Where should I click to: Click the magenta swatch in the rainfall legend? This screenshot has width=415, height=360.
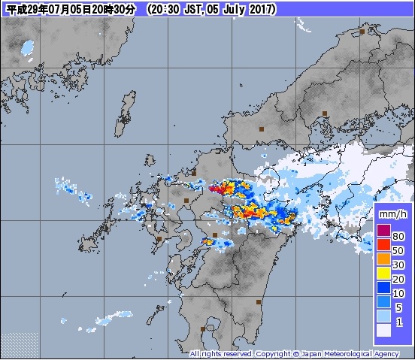pos(383,231)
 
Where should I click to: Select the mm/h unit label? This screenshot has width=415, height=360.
pos(393,214)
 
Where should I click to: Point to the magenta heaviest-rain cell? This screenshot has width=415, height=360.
pos(216,189)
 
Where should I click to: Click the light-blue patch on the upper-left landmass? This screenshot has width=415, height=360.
pos(29,47)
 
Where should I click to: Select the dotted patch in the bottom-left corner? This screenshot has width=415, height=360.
pos(19,344)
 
